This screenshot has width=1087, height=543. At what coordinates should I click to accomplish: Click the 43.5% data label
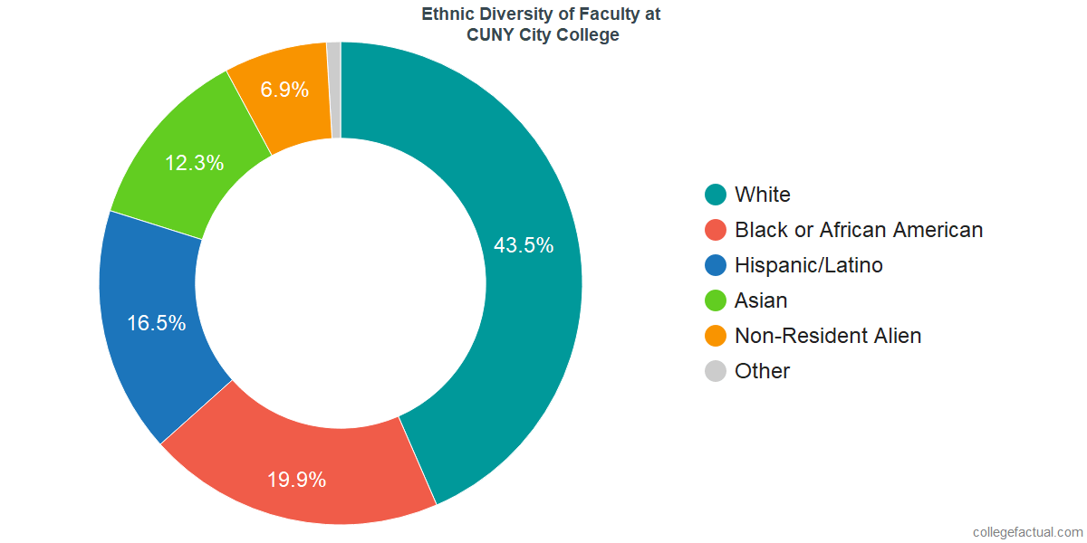[x=524, y=245]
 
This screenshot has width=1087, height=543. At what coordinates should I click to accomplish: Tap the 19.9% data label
[x=296, y=480]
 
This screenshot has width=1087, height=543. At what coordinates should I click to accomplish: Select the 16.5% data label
[x=156, y=323]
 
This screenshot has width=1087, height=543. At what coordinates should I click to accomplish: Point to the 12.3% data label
[x=194, y=164]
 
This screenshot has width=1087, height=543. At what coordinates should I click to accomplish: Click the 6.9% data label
[x=284, y=90]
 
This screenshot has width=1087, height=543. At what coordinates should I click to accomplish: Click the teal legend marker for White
[x=716, y=195]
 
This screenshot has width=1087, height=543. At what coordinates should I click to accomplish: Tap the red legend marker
[x=716, y=230]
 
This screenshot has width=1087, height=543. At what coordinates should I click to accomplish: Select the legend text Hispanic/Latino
[x=808, y=265]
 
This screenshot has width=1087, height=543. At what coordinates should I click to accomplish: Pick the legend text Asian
[x=761, y=300]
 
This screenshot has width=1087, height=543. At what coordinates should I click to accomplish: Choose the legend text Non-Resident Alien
[x=828, y=336]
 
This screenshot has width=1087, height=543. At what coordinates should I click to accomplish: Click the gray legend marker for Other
[x=716, y=371]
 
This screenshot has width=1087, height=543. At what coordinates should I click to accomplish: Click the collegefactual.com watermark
[x=1026, y=532]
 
